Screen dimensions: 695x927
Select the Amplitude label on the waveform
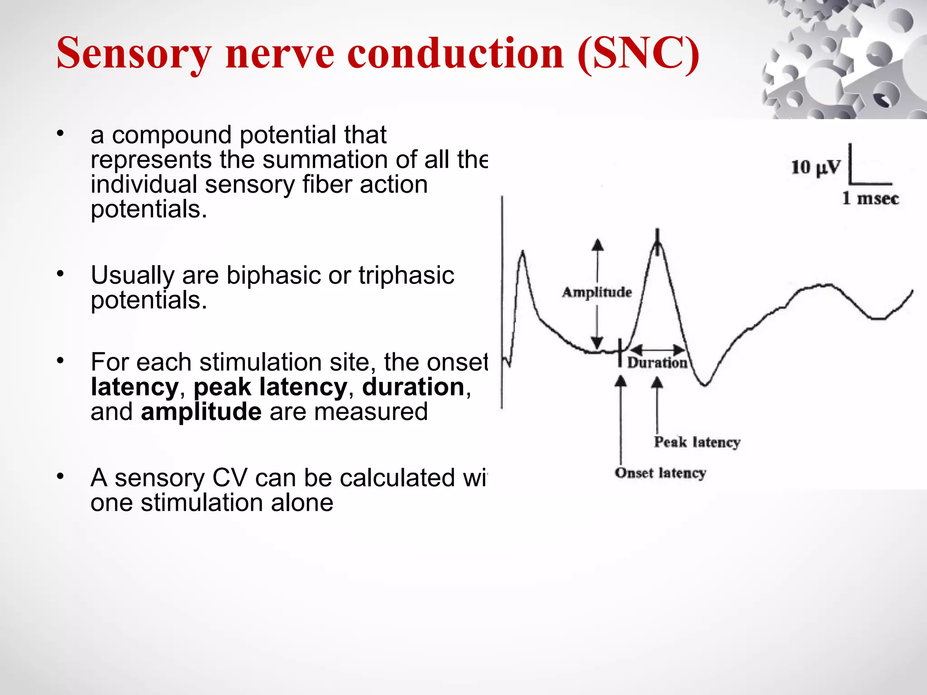(597, 292)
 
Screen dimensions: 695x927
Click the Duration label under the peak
(657, 363)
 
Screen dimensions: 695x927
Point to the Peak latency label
(697, 442)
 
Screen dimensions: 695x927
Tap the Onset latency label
(660, 473)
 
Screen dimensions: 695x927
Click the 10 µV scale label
(815, 167)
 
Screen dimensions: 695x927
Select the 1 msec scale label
(870, 199)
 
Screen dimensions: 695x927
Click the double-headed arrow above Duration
(657, 350)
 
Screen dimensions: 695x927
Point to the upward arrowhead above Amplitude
(597, 245)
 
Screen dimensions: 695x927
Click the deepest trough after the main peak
(705, 385)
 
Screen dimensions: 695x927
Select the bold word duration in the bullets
(413, 387)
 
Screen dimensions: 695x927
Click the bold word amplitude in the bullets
(201, 412)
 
